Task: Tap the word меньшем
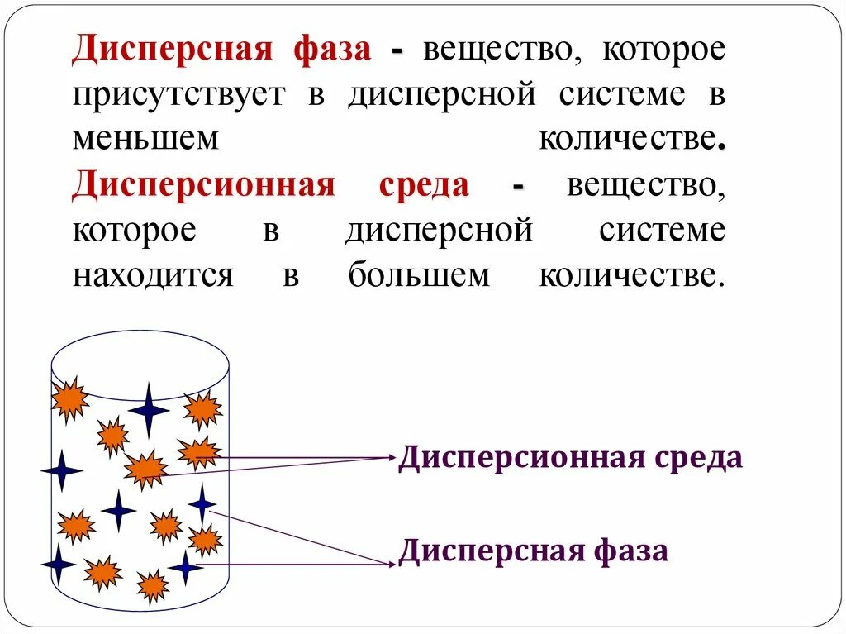[146, 140]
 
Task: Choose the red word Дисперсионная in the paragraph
[203, 185]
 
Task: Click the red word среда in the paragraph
[424, 185]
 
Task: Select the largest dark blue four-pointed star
[149, 408]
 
